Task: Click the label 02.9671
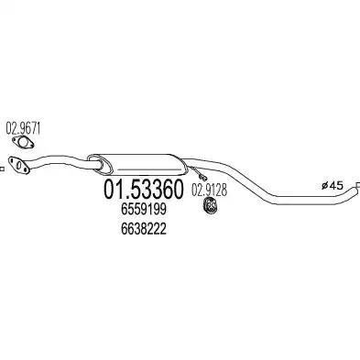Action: [x=23, y=126]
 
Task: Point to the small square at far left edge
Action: [x=4, y=167]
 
